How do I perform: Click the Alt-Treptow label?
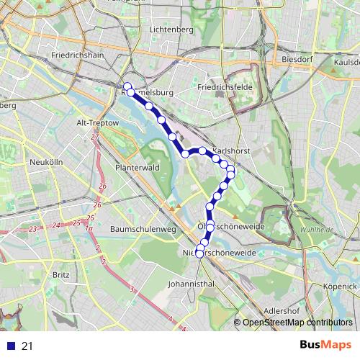[97, 123]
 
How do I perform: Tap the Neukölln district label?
[46, 163]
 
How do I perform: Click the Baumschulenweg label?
[143, 229]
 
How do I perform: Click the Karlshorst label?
[230, 143]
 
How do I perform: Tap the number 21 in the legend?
[27, 346]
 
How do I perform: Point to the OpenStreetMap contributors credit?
[297, 323]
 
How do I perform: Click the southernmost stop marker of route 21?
[199, 253]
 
